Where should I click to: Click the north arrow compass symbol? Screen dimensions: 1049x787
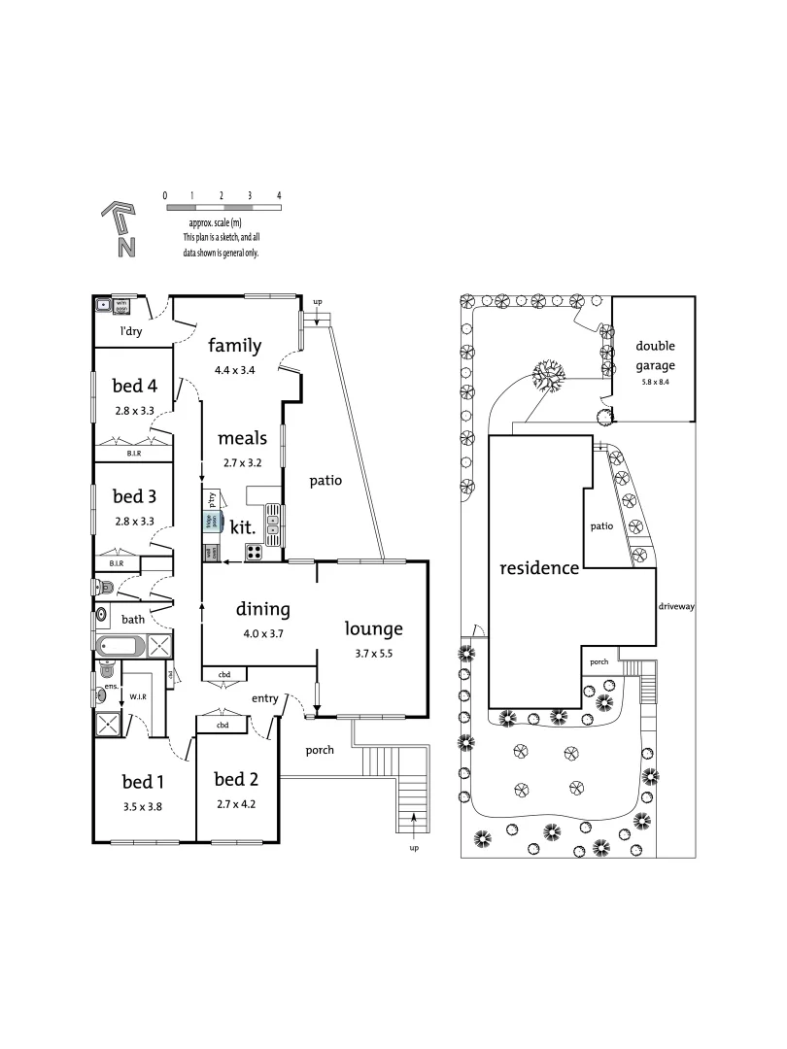120,229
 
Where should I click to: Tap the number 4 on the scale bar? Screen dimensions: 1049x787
279,195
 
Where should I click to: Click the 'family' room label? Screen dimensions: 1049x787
234,345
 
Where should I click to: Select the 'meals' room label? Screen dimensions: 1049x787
242,439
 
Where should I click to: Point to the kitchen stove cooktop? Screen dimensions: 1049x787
255,552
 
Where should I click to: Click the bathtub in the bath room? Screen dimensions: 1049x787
120,645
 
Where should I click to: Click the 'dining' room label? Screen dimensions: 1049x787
263,609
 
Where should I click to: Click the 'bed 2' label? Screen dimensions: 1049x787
237,779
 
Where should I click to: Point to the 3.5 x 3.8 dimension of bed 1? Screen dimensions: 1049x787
142,805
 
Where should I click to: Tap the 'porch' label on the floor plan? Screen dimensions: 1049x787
320,749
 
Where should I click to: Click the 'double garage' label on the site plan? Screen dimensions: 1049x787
655,355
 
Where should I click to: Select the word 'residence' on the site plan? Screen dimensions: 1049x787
540,567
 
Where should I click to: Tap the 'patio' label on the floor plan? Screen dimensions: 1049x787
325,480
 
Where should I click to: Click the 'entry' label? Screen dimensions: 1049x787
265,698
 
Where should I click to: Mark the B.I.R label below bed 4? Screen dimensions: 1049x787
135,453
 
